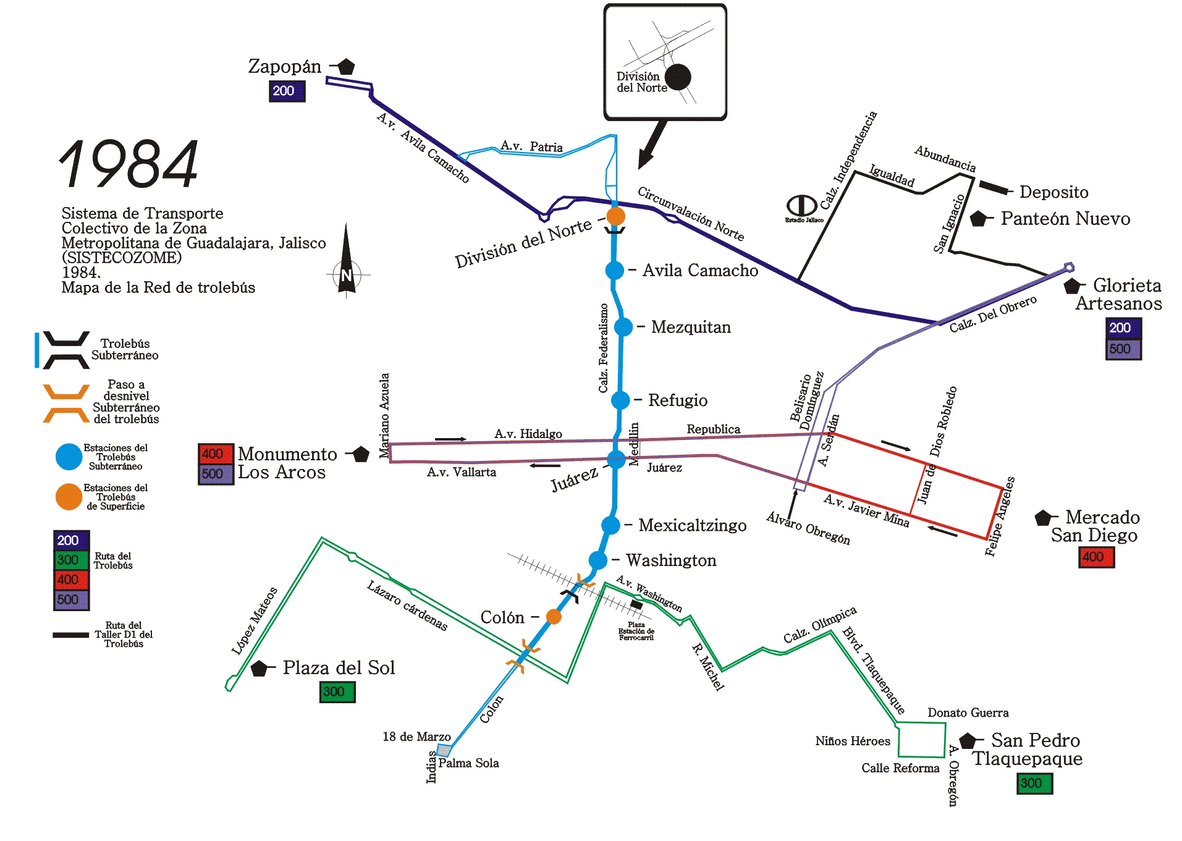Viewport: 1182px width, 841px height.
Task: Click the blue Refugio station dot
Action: (620, 400)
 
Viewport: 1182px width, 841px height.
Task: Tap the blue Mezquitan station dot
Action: (623, 327)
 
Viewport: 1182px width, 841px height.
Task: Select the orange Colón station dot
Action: (554, 617)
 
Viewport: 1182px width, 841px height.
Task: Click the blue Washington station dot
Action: (597, 560)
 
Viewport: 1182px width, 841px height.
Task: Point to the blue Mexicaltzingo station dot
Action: (610, 525)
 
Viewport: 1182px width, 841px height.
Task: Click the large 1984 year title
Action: (129, 164)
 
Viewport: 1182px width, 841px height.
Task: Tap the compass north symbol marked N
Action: (346, 274)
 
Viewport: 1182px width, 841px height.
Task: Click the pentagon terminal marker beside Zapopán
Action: (346, 66)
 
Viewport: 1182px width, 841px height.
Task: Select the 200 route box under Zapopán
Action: (287, 91)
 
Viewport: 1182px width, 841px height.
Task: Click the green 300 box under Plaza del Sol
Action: (337, 692)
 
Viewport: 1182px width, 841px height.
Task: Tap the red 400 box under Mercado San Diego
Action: (1096, 557)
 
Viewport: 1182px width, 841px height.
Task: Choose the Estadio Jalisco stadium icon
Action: (801, 206)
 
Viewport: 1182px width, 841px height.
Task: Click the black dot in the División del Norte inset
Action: (678, 77)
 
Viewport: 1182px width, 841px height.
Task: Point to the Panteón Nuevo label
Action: (1065, 219)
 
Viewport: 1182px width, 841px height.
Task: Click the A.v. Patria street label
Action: (531, 146)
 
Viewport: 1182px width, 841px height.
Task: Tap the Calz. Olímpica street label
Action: (820, 625)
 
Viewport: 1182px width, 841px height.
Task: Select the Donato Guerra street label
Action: (968, 713)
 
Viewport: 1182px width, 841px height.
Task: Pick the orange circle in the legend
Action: (69, 497)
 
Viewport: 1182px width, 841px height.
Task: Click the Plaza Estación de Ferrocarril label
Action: (636, 631)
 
